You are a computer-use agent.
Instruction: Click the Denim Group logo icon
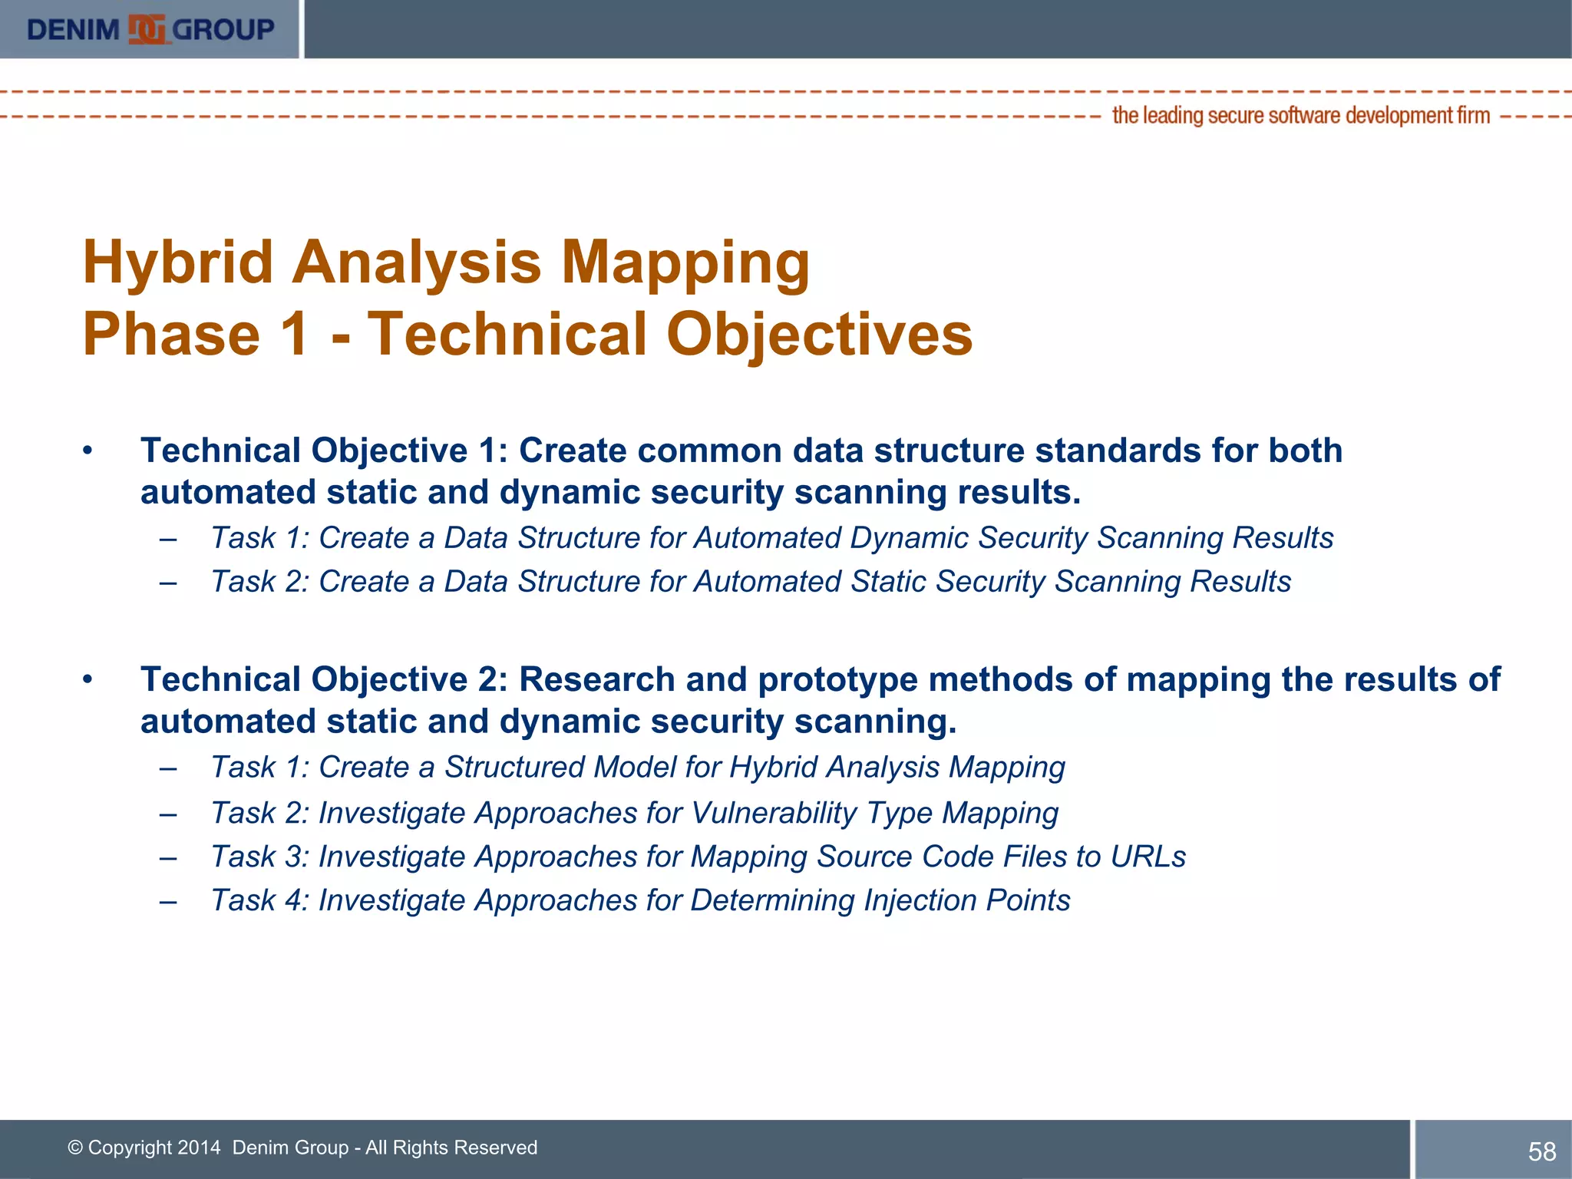[147, 30]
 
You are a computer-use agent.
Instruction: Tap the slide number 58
[1541, 1151]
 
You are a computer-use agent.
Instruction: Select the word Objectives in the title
[819, 335]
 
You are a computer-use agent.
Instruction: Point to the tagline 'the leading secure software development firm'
[1300, 116]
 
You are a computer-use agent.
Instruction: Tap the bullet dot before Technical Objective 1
[88, 451]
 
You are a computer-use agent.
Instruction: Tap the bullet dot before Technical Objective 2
[88, 679]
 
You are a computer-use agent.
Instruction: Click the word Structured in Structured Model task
[514, 768]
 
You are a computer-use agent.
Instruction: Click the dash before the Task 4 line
[168, 901]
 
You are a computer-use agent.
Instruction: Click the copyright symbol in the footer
[75, 1148]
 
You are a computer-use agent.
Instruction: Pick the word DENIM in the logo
[73, 30]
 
